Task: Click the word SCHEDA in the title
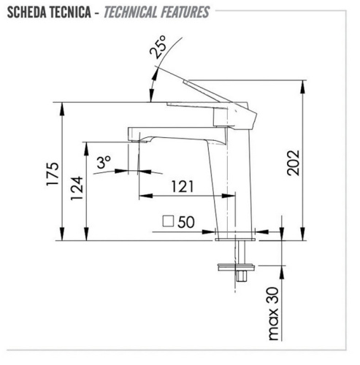28,12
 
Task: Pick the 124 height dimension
77,188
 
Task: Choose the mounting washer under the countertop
237,264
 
